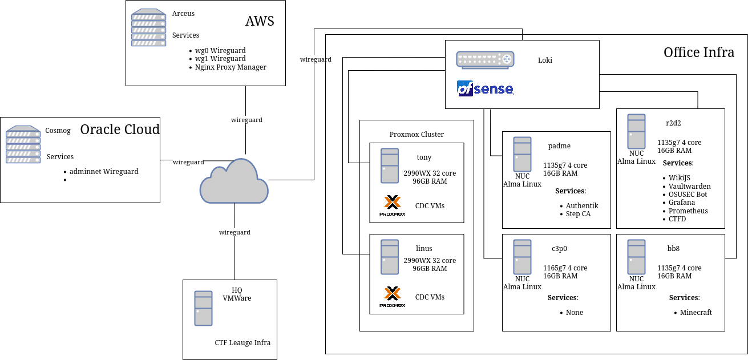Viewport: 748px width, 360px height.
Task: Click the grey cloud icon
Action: (234, 181)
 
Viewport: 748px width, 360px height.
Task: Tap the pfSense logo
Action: (485, 88)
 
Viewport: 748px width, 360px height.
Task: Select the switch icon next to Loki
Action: (485, 59)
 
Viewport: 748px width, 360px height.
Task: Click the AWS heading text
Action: (260, 21)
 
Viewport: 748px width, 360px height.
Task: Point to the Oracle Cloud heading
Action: (120, 130)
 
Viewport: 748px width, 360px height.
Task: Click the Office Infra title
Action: (699, 52)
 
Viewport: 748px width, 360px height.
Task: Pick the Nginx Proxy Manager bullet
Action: (231, 67)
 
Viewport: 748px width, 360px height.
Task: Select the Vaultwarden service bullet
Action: (690, 187)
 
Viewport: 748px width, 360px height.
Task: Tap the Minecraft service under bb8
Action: (696, 313)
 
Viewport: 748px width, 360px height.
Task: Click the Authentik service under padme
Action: (582, 206)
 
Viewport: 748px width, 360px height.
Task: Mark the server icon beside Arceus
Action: (148, 28)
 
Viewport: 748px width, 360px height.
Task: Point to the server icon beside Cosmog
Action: (23, 145)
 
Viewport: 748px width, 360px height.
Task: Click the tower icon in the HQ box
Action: (203, 309)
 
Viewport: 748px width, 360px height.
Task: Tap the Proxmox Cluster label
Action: (417, 135)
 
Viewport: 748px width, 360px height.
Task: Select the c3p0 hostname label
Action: (559, 249)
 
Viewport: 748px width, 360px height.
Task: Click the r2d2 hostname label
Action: (673, 123)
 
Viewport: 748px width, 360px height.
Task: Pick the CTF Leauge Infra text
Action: (242, 343)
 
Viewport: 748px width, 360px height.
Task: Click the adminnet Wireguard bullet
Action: (104, 172)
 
